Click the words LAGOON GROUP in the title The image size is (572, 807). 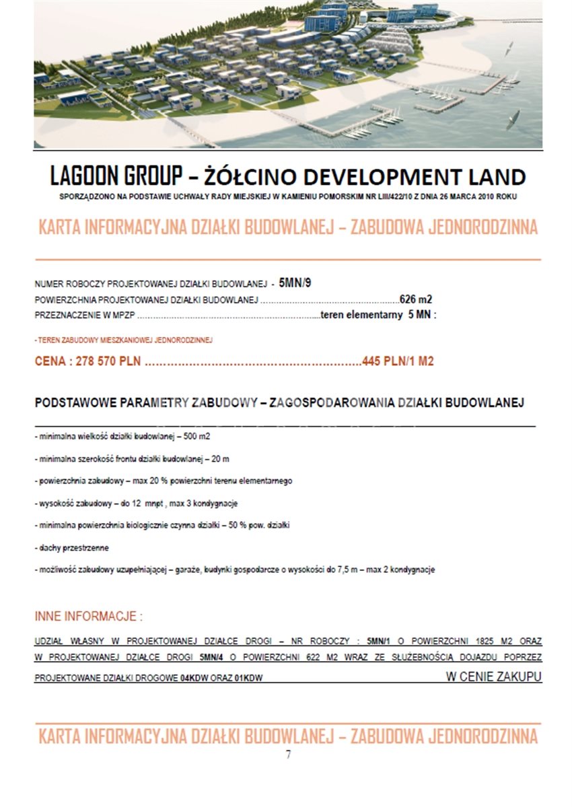(116, 176)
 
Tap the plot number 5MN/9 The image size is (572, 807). (295, 283)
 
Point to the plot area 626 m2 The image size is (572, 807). (415, 299)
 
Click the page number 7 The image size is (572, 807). (288, 755)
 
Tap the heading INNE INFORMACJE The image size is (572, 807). (88, 617)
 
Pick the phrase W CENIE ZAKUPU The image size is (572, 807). (494, 677)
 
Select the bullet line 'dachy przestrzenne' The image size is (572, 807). (72, 547)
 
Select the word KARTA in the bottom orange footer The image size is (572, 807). (61, 736)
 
